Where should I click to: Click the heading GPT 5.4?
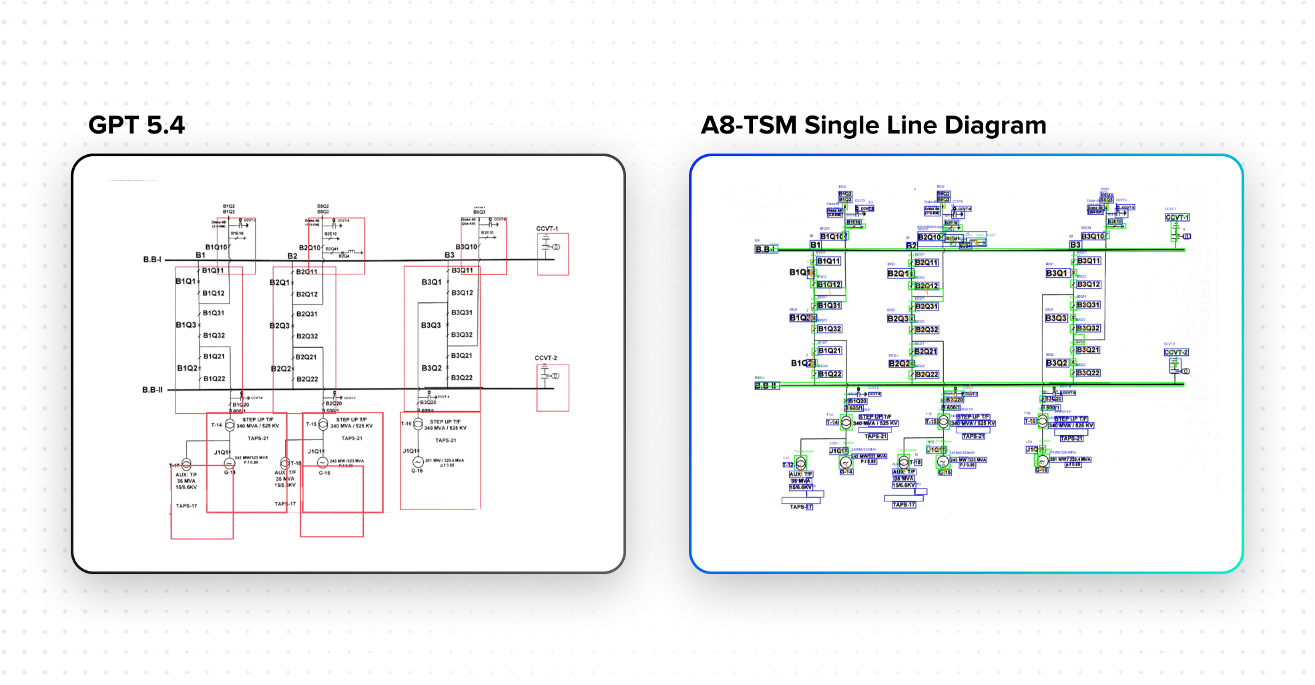coord(136,126)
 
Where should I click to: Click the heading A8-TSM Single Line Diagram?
coord(873,126)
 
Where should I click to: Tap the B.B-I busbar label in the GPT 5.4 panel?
coord(152,259)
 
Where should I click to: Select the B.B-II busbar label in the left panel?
coord(152,390)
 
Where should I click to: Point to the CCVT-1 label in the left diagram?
coord(547,229)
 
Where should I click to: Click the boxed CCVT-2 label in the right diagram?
coord(1175,353)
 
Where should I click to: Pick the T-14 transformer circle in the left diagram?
coord(230,425)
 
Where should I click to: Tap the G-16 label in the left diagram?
coord(417,471)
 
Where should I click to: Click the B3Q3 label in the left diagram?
coord(431,325)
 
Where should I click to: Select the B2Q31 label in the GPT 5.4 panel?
coord(306,314)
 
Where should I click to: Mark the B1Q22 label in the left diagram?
coord(214,379)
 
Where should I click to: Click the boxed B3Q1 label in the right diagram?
coord(1056,273)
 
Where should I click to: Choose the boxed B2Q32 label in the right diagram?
coord(927,330)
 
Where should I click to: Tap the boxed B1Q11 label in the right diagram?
coord(828,261)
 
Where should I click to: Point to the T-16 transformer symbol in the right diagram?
coord(1042,421)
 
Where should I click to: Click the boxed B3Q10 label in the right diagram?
coord(1093,236)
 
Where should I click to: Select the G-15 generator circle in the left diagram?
coord(322,463)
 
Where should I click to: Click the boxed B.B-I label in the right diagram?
coord(764,250)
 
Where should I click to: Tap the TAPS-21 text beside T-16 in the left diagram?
coord(445,440)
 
